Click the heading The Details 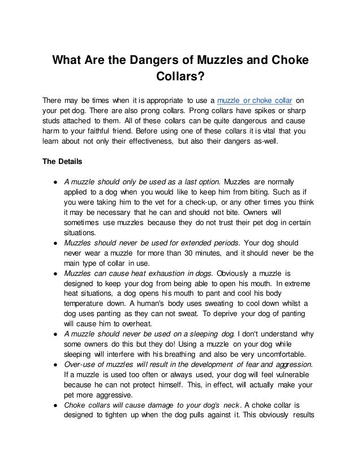tap(63, 161)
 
